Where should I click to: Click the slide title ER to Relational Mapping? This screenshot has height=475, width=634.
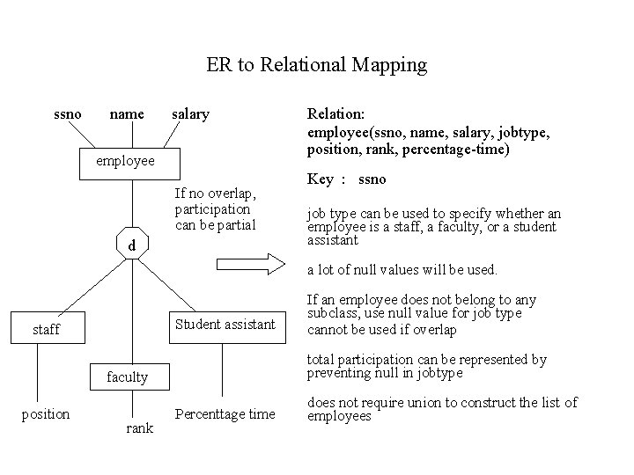point(316,65)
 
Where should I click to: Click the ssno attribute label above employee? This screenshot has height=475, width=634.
point(68,113)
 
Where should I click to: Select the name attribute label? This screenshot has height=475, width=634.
point(127,113)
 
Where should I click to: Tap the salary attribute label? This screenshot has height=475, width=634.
point(190,113)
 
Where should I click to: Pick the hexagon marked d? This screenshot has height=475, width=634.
point(131,246)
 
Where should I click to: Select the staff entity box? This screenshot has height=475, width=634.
point(47,330)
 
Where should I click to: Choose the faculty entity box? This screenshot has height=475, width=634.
point(129,377)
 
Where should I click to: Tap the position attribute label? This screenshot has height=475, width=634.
point(46,413)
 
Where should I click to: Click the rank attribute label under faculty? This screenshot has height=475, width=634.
point(139,427)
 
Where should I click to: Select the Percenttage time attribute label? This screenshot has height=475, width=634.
point(225,413)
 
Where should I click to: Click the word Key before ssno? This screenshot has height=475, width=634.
point(321,179)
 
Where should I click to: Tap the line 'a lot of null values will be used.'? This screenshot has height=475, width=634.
point(402,269)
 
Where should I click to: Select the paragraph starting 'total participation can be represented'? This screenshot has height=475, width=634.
point(427,366)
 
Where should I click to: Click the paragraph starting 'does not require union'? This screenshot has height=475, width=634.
point(442,409)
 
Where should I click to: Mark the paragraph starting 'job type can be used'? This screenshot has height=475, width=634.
point(434,227)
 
